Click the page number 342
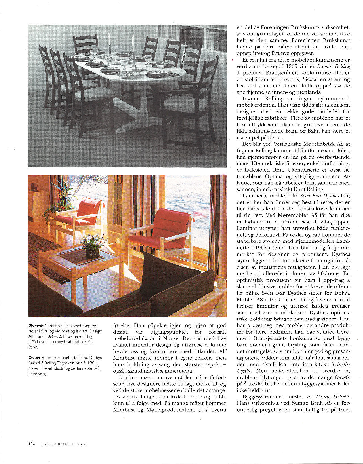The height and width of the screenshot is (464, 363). pyautogui.click(x=31, y=444)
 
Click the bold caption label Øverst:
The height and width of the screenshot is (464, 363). pyautogui.click(x=36, y=326)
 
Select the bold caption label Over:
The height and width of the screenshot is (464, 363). pyautogui.click(x=34, y=358)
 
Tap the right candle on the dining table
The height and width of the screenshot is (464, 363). pyautogui.click(x=133, y=43)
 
